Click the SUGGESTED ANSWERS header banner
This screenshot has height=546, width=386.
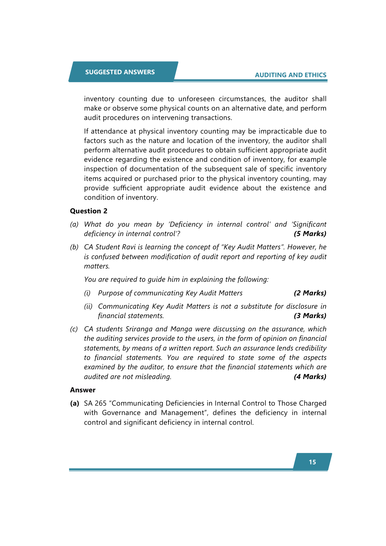click(x=120, y=72)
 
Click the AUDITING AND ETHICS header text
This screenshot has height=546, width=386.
click(x=290, y=75)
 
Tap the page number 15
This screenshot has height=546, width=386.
click(x=312, y=462)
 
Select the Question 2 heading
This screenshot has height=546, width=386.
click(x=88, y=211)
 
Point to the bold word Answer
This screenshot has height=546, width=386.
click(x=83, y=390)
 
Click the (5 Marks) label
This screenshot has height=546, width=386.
click(x=310, y=234)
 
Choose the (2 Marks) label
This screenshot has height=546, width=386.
click(x=310, y=293)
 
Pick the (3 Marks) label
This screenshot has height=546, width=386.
click(x=310, y=316)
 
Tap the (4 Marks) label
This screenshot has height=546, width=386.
click(x=310, y=377)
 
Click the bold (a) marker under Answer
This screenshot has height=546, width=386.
click(x=75, y=403)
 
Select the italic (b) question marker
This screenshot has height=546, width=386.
click(x=74, y=247)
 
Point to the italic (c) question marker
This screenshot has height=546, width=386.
click(x=74, y=329)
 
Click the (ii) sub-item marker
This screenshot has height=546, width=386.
click(x=88, y=306)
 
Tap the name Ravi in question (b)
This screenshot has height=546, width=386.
click(x=129, y=247)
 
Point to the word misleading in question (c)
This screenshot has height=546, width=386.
click(x=155, y=377)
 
